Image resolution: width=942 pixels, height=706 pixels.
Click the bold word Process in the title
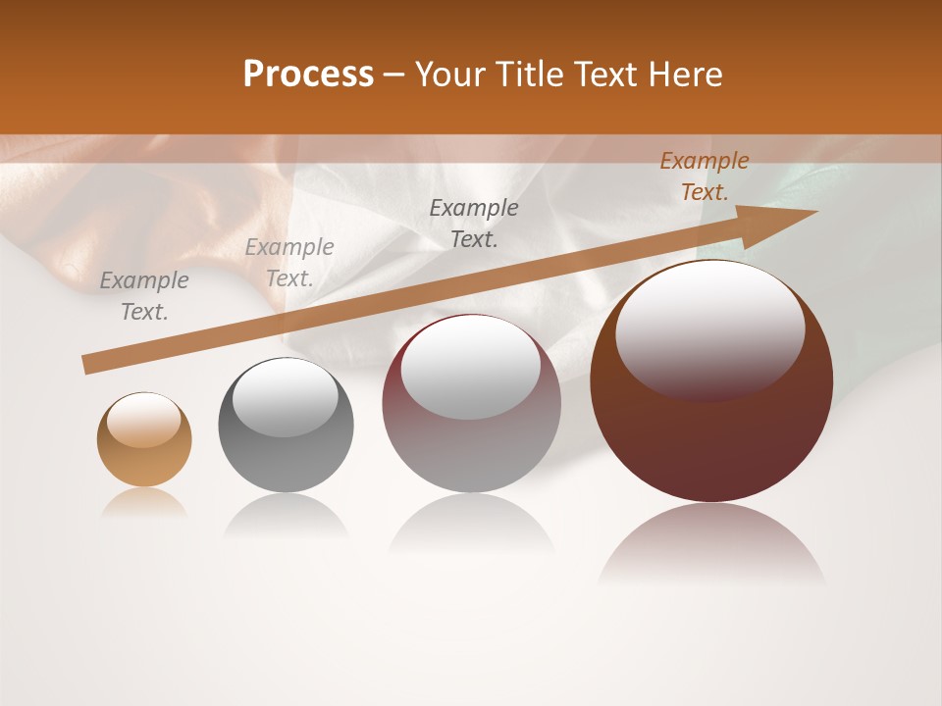[x=308, y=75]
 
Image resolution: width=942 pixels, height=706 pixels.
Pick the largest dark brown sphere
[x=711, y=431]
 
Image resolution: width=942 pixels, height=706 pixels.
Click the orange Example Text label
[x=704, y=176]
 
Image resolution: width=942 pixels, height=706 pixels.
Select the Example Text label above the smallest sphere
[x=144, y=296]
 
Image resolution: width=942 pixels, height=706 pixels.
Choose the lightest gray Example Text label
[x=289, y=263]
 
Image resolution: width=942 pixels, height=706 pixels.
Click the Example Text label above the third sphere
[x=474, y=223]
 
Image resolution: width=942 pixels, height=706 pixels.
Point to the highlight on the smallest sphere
[x=143, y=420]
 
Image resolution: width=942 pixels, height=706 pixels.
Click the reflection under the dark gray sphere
[x=286, y=516]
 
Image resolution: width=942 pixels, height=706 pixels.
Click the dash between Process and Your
[x=394, y=75]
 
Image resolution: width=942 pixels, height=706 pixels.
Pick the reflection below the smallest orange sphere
[x=144, y=502]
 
